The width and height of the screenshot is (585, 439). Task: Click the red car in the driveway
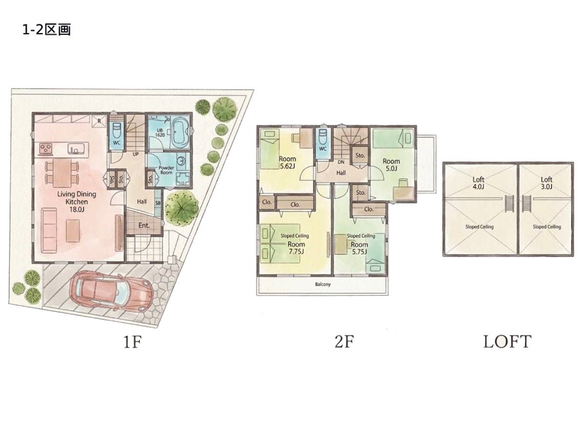(x=111, y=291)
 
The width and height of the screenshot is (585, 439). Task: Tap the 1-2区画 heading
(x=47, y=30)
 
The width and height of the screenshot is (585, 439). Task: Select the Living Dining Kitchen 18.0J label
(x=77, y=201)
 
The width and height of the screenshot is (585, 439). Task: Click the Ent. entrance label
(x=144, y=225)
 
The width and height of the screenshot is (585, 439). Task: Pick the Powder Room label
(x=166, y=170)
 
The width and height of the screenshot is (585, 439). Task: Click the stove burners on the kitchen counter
(x=46, y=148)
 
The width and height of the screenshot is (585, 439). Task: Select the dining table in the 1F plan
(x=62, y=173)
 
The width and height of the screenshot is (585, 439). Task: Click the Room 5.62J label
(x=287, y=162)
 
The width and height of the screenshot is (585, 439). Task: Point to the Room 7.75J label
(x=296, y=248)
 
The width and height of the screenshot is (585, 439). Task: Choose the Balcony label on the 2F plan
(x=323, y=284)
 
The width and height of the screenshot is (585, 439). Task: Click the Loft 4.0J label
(x=478, y=183)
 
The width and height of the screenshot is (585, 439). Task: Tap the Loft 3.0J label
(x=546, y=183)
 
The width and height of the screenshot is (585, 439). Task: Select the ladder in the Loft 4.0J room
(x=509, y=203)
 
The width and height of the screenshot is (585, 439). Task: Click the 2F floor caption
(x=344, y=342)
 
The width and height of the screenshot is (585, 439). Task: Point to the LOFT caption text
(x=507, y=342)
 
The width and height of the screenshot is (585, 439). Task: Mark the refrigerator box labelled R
(x=99, y=121)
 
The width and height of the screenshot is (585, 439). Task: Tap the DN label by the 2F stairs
(x=341, y=162)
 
